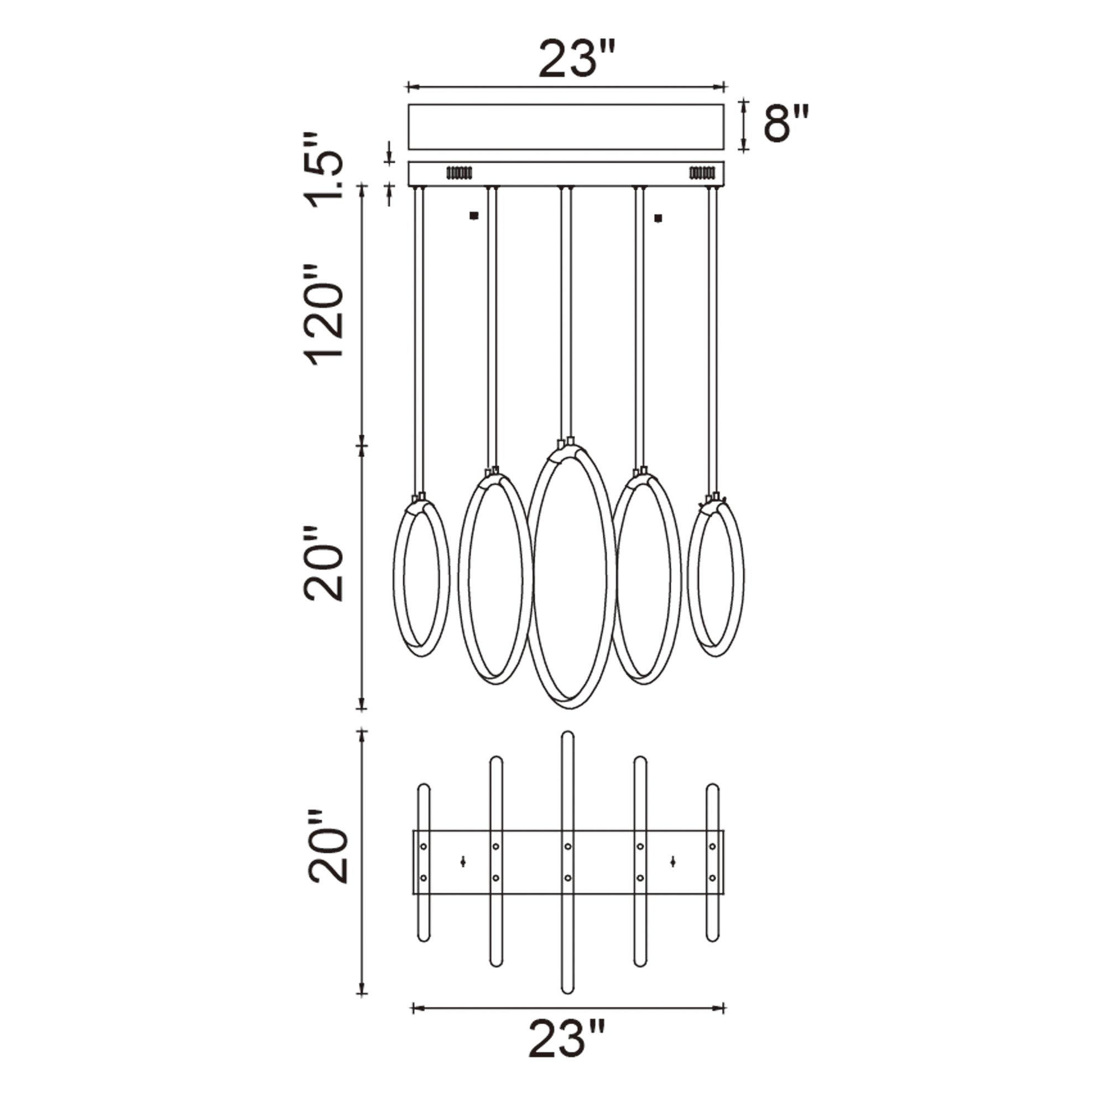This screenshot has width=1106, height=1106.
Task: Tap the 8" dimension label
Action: click(786, 124)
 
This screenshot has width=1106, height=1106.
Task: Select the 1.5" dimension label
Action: click(324, 173)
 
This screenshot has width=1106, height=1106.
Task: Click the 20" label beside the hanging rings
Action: click(323, 564)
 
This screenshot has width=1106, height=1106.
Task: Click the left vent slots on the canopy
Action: click(458, 173)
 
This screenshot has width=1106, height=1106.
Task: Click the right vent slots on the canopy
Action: click(702, 172)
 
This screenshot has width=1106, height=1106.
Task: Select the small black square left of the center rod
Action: click(473, 216)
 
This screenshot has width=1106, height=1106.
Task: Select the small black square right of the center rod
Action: click(658, 218)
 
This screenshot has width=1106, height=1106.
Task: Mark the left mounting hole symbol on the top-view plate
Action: click(462, 862)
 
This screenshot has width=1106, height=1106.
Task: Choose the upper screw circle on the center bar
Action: click(567, 846)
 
